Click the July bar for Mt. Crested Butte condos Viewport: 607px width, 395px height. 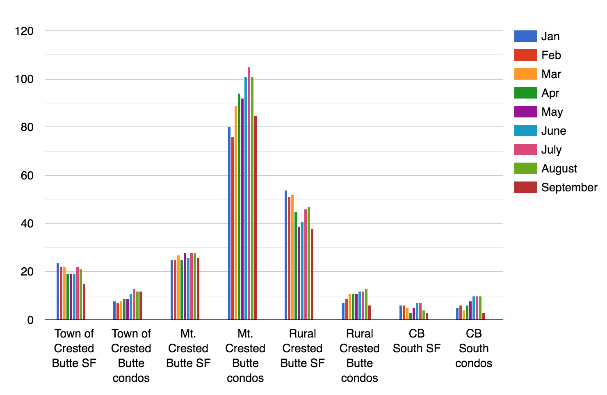[x=249, y=193]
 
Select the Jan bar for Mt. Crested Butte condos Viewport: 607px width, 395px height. [x=229, y=223]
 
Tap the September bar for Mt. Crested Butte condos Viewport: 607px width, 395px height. [x=256, y=218]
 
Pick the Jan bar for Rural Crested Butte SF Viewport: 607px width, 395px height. [x=286, y=255]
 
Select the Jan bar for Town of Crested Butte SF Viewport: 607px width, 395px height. [x=58, y=291]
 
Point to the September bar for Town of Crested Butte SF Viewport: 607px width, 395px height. [x=84, y=302]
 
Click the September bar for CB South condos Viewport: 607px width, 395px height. [x=484, y=316]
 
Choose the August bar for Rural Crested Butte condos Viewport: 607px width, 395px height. [x=366, y=304]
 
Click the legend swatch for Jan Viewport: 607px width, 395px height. [x=525, y=36]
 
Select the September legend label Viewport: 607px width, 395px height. [x=569, y=188]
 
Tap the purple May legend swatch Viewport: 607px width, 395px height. [x=525, y=112]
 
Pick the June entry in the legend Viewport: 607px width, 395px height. [x=554, y=131]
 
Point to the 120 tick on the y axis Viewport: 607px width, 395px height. [x=24, y=31]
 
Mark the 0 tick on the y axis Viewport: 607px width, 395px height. [x=30, y=320]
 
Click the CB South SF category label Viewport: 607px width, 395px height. [x=417, y=341]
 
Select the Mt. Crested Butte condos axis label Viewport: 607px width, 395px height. [x=245, y=356]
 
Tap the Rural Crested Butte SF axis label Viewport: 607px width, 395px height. [x=303, y=348]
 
